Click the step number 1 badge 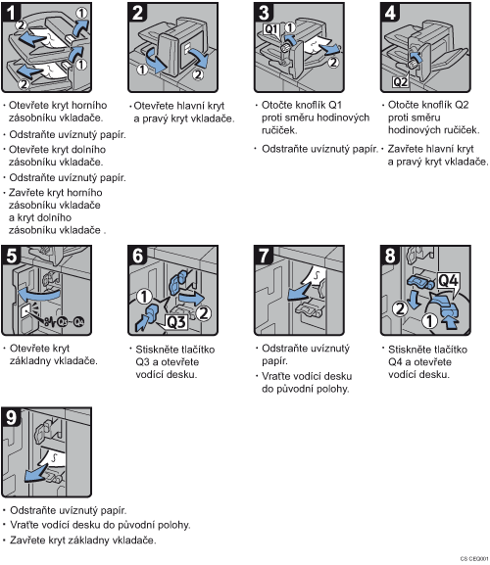click(x=11, y=12)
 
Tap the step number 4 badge click(x=390, y=12)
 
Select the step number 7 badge click(x=264, y=256)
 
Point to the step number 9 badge click(x=11, y=417)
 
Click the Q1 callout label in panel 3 click(x=271, y=29)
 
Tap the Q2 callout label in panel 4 click(x=400, y=82)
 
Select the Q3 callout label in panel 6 click(x=176, y=321)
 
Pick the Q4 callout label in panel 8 click(x=448, y=280)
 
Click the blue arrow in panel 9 click(x=36, y=474)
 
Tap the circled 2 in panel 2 click(x=198, y=74)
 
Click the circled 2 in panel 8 click(x=400, y=308)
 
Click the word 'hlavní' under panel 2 click(x=186, y=106)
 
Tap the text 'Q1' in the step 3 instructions click(x=335, y=105)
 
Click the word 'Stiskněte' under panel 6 click(x=156, y=350)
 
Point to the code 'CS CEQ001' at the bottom click(x=474, y=558)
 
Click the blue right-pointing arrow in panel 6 click(x=192, y=299)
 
